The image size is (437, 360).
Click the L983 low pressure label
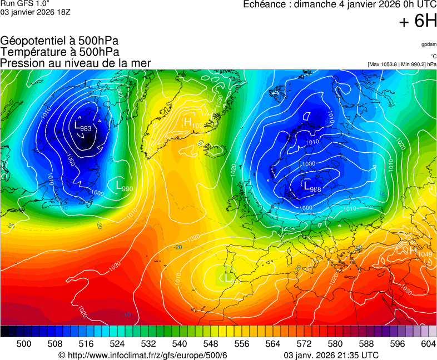pyautogui.click(x=82, y=127)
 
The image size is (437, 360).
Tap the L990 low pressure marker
pyautogui.click(x=124, y=187)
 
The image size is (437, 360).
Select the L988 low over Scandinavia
pyautogui.click(x=312, y=188)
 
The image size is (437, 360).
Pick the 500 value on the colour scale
pyautogui.click(x=24, y=344)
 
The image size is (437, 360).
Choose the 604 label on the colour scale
pyautogui.click(x=428, y=344)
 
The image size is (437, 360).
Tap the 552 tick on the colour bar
pyautogui.click(x=226, y=344)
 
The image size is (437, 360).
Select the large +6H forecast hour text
pyautogui.click(x=418, y=22)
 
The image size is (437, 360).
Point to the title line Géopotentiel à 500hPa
pyautogui.click(x=59, y=41)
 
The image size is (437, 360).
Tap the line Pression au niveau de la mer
pyautogui.click(x=76, y=63)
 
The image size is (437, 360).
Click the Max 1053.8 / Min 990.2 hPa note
pyautogui.click(x=402, y=64)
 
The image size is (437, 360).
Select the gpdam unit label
pyautogui.click(x=429, y=44)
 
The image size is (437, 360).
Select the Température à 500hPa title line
pyautogui.click(x=59, y=52)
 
